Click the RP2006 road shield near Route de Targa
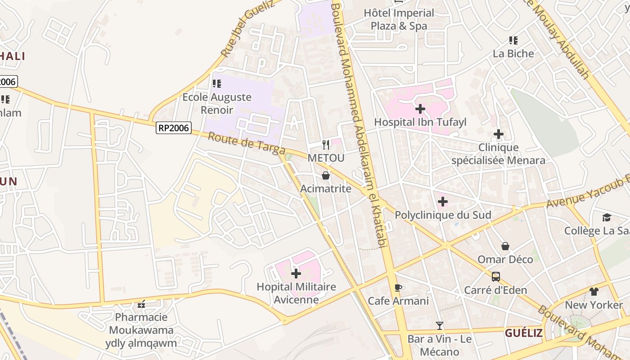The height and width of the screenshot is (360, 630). pos(174,128)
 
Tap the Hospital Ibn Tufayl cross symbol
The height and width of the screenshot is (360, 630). pos(420,109)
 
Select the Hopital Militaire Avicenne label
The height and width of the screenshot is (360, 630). pos(296,293)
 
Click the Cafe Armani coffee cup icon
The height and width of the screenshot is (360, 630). pos(398,288)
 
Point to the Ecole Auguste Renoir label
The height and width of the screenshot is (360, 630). pos(217,103)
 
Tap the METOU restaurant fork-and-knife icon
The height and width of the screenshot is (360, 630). pos(326,144)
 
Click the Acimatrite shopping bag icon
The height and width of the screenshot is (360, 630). pos(326,175)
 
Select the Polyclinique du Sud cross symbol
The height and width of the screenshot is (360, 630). pos(442,202)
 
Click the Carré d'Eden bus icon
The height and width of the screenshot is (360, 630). pos(495,277)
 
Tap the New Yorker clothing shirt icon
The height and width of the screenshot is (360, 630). pos(594,292)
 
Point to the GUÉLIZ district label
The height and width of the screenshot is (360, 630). pos(523,333)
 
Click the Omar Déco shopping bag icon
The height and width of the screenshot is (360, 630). pos(505,246)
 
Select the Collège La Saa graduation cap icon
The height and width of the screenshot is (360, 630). pos(607,218)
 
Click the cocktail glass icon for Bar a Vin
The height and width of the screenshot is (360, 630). pos(440,325)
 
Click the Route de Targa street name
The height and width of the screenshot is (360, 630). pos(246,142)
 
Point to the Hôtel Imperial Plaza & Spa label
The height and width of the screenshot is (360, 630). pos(399,19)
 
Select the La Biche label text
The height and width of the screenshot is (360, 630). pos(513,54)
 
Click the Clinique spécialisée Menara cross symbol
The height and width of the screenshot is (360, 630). pos(498,134)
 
